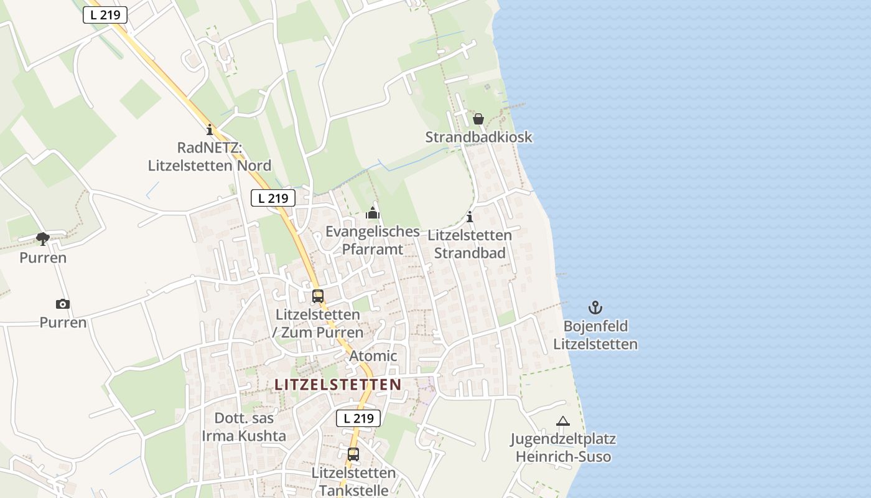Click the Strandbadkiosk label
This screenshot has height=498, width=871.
tap(478, 137)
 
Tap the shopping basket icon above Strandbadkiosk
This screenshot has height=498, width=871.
tap(478, 118)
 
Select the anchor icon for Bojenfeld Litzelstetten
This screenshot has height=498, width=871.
tap(595, 308)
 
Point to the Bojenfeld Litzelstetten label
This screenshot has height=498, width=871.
tap(595, 335)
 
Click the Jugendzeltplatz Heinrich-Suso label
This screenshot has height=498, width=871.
tap(563, 448)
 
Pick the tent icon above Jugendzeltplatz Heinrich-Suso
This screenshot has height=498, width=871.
tap(563, 421)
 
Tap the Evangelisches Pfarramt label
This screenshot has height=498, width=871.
tap(373, 240)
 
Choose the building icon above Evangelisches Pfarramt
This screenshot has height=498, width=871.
tap(373, 214)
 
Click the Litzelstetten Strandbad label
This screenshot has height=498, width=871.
tap(470, 244)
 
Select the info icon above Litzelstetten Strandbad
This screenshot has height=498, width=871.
tap(470, 217)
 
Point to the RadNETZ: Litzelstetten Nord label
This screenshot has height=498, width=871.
tap(210, 157)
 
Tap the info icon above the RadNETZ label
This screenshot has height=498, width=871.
tap(210, 130)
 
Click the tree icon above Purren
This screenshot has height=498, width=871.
tap(43, 238)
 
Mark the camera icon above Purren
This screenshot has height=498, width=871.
tap(63, 304)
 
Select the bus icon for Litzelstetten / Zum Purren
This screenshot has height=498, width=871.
tap(318, 296)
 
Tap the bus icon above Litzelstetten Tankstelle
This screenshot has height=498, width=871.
tap(353, 454)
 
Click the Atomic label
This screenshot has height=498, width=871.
tap(373, 356)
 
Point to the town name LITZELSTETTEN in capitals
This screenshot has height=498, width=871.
tap(338, 385)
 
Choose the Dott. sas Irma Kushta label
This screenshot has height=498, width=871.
tap(244, 426)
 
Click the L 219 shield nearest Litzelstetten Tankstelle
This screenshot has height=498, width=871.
tap(358, 418)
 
